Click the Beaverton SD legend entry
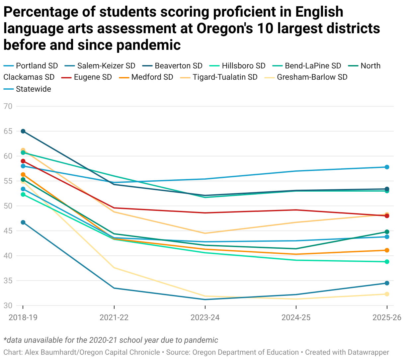click(x=172, y=66)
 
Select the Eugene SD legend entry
click(x=87, y=77)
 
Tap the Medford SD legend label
click(x=152, y=77)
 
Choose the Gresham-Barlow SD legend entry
click(x=306, y=77)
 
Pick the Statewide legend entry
click(x=27, y=89)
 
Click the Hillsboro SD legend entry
click(x=237, y=66)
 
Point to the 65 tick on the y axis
click(x=8, y=131)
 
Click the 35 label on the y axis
click(x=8, y=281)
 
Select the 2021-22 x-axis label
click(x=114, y=317)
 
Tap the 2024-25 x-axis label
click(x=296, y=317)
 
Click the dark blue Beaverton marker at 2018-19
click(x=23, y=131)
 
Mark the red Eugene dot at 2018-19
click(x=23, y=161)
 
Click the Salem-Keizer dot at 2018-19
click(x=23, y=223)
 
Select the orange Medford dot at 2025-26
click(x=387, y=250)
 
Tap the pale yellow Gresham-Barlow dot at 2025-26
click(x=387, y=294)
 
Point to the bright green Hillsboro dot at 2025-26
click(x=387, y=262)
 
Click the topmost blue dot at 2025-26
click(x=387, y=167)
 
